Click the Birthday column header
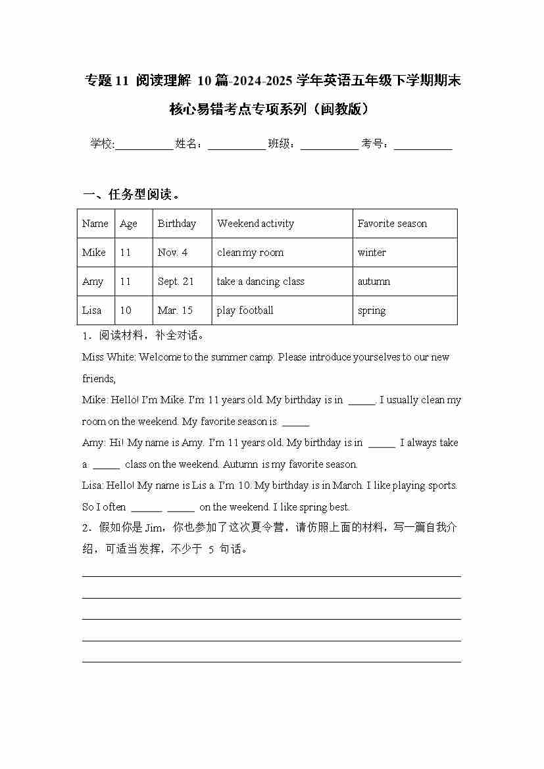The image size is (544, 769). coord(176,224)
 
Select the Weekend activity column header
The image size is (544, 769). coord(255,224)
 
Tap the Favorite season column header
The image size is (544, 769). coord(392,224)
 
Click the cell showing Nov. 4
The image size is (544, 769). coord(172,253)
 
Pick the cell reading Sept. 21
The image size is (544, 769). coord(176,282)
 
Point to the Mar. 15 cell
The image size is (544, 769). coord(175,310)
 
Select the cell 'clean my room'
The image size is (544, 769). coord(250,253)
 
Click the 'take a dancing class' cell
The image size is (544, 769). coord(260,282)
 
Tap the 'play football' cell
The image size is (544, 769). coord(245,310)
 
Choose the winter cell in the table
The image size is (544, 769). coord(372,253)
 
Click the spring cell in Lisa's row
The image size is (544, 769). coord(372,310)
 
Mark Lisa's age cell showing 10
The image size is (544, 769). coord(125,310)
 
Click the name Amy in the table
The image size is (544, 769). coord(93,282)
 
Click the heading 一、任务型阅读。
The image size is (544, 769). coord(132,195)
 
